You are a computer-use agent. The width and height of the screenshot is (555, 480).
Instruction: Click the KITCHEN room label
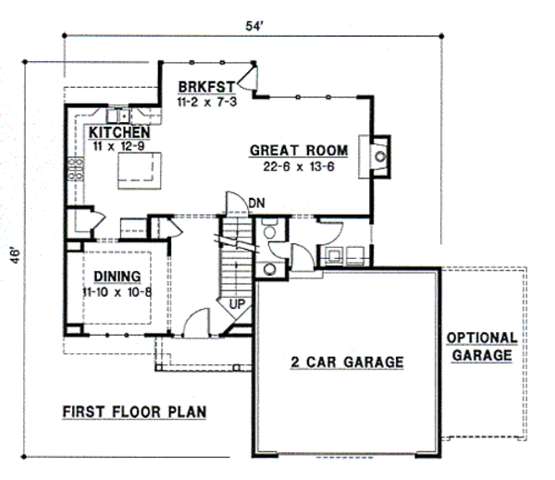pos(118,132)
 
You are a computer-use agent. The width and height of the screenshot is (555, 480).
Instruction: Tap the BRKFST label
pos(207,87)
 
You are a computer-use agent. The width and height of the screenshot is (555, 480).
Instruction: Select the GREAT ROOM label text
pos(298,150)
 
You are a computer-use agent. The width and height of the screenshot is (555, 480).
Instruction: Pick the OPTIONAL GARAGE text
pos(482,346)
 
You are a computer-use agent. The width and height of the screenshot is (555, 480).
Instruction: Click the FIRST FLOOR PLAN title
pos(133,412)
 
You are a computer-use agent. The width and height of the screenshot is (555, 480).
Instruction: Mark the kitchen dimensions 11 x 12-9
pos(118,145)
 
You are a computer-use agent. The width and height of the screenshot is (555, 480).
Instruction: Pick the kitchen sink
pos(117,117)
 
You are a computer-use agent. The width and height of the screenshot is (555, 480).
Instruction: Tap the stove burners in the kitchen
pos(74,167)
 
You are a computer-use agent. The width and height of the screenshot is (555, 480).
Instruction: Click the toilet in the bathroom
pos(269,232)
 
